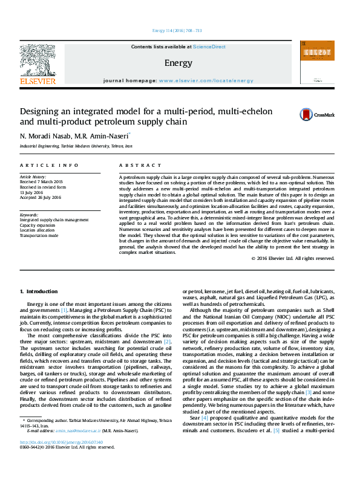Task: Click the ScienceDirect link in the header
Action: coord(209,47)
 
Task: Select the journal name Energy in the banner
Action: coord(178,63)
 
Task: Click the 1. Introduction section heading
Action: coord(39,292)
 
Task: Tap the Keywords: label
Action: coord(29,215)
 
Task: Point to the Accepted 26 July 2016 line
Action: coord(41,198)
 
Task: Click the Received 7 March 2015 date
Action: coord(41,181)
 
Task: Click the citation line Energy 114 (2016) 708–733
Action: coord(177,31)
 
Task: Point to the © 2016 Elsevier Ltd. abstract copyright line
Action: coord(293,258)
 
